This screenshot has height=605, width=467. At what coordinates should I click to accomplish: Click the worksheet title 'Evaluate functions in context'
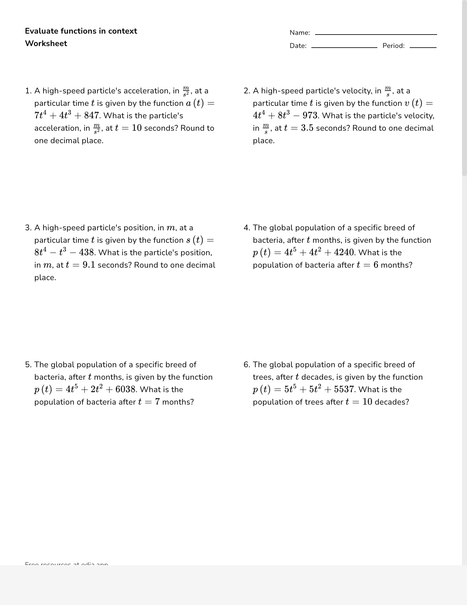click(x=81, y=31)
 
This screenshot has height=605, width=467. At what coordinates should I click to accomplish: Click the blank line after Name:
click(x=376, y=34)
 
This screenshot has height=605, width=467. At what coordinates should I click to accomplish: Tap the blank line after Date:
click(x=344, y=47)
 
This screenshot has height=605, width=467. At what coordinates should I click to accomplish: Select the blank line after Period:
click(x=423, y=47)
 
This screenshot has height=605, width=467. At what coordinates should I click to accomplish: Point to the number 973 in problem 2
click(x=310, y=116)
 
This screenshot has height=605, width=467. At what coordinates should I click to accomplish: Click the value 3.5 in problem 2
click(x=307, y=128)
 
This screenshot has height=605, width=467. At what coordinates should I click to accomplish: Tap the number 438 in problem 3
click(x=87, y=253)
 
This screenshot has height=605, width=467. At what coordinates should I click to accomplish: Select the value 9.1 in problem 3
click(x=89, y=265)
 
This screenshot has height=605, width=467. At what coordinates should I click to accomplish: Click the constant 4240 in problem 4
click(x=344, y=253)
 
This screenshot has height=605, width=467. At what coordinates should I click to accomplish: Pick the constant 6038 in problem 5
click(x=125, y=390)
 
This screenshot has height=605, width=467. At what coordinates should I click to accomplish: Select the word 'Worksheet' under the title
click(x=46, y=44)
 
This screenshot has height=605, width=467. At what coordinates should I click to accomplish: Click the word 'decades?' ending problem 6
click(x=392, y=402)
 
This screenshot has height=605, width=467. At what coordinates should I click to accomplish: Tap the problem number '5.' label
click(x=28, y=365)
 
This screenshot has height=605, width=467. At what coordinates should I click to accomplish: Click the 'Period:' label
click(x=394, y=46)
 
